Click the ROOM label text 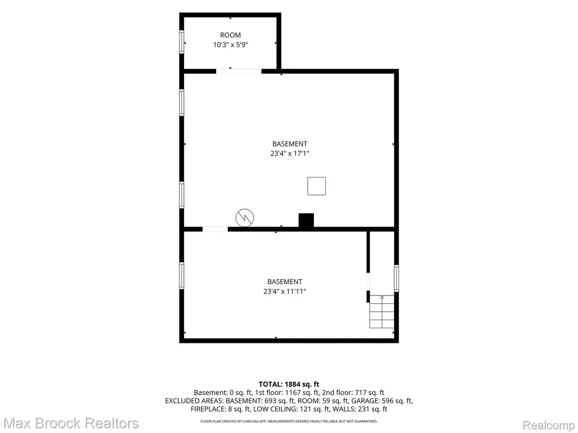click(x=230, y=35)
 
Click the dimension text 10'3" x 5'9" click(x=230, y=45)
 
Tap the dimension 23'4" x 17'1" click(x=290, y=153)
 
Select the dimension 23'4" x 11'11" click(x=284, y=291)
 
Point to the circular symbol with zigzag click(x=245, y=218)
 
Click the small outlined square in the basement click(x=317, y=186)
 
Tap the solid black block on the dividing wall click(x=306, y=220)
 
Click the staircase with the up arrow click(x=382, y=311)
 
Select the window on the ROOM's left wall click(x=182, y=42)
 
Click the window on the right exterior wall click(x=396, y=279)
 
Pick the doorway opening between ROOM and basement click(x=239, y=71)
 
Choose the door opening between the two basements click(x=215, y=229)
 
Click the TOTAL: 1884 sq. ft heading click(x=289, y=385)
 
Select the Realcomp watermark click(x=549, y=425)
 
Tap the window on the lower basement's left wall click(x=182, y=275)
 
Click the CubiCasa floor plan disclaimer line click(x=289, y=421)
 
